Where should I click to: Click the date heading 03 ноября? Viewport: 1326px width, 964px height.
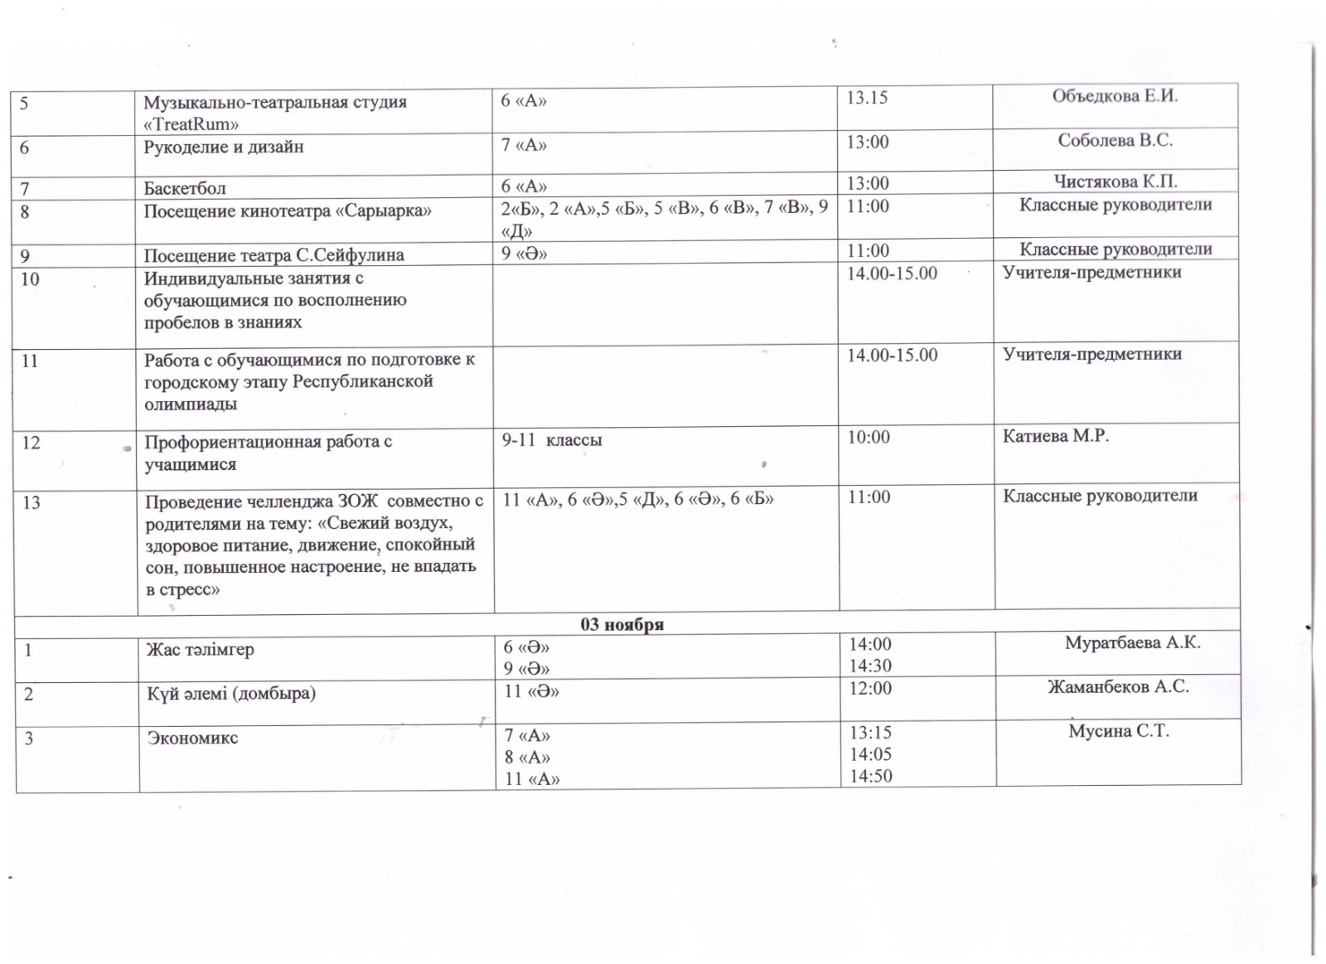click(622, 624)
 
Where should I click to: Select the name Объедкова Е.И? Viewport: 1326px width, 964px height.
click(1115, 96)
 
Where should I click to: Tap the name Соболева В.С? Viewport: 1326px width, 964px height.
click(1115, 141)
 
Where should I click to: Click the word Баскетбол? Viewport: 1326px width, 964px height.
click(184, 188)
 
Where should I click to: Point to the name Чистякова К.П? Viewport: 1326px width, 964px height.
click(1115, 182)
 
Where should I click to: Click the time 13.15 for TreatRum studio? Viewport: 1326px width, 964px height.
click(866, 98)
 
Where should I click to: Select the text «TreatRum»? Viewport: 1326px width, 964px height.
click(191, 124)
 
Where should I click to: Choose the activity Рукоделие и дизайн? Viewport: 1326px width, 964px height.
click(224, 148)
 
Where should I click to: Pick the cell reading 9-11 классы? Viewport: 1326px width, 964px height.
click(551, 440)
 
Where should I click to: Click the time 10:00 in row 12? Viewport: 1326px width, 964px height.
click(868, 438)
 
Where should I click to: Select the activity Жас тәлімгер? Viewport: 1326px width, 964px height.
click(200, 649)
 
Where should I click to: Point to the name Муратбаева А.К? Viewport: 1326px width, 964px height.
click(1132, 642)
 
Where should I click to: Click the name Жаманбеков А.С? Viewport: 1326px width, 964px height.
click(1118, 686)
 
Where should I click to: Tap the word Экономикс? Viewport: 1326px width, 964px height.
click(192, 738)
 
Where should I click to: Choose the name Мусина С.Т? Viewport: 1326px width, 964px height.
click(1118, 731)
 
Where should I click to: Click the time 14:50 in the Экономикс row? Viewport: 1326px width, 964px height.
click(870, 777)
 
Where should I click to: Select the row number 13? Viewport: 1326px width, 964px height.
click(31, 502)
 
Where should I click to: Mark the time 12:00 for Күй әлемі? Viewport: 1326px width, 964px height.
click(870, 688)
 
